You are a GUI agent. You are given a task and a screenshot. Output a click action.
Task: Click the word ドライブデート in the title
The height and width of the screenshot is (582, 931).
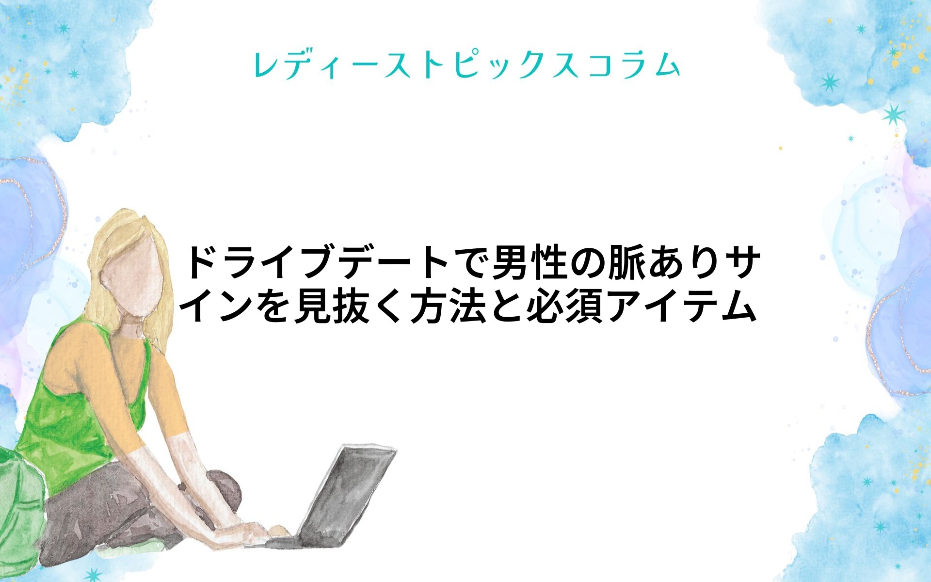(318, 263)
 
